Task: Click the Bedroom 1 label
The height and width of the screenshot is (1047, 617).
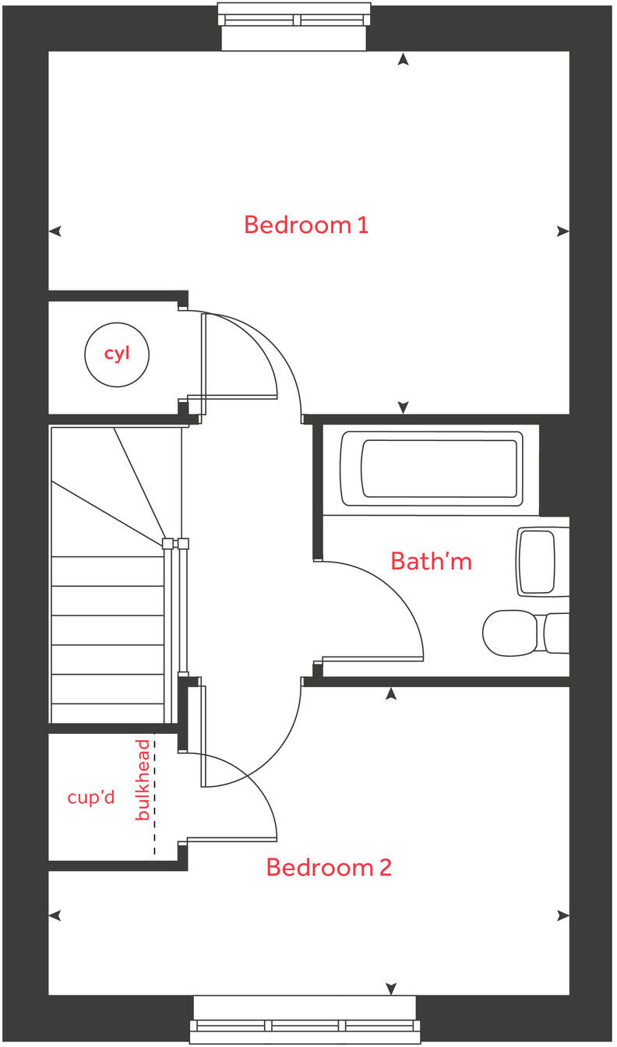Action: click(x=305, y=225)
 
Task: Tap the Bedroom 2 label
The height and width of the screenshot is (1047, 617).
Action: click(x=328, y=867)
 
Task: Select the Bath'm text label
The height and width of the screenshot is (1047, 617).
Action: click(x=431, y=561)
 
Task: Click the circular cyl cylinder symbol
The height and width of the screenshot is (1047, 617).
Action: click(x=117, y=354)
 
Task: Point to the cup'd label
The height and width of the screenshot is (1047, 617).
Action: click(x=91, y=798)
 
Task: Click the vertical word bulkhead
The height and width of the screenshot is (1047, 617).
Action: click(x=142, y=780)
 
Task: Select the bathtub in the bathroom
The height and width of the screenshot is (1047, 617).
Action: click(x=431, y=468)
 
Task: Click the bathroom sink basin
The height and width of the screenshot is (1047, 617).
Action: click(x=538, y=562)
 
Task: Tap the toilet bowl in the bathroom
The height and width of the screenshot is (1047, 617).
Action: click(x=510, y=633)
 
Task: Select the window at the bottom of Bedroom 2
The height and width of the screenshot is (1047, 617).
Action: click(x=305, y=1020)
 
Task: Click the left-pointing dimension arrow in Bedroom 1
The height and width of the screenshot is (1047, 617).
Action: click(x=55, y=231)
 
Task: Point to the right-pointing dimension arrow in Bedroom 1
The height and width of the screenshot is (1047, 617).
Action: click(x=563, y=231)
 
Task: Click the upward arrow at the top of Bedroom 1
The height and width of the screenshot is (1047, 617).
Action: click(x=403, y=59)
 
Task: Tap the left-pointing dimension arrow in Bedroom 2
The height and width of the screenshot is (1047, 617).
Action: click(x=55, y=915)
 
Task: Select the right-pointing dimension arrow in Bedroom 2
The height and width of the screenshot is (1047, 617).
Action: click(x=563, y=915)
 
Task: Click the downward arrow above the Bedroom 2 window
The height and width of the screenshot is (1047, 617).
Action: click(x=390, y=989)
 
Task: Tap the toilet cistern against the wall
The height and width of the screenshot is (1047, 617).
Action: click(x=556, y=633)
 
